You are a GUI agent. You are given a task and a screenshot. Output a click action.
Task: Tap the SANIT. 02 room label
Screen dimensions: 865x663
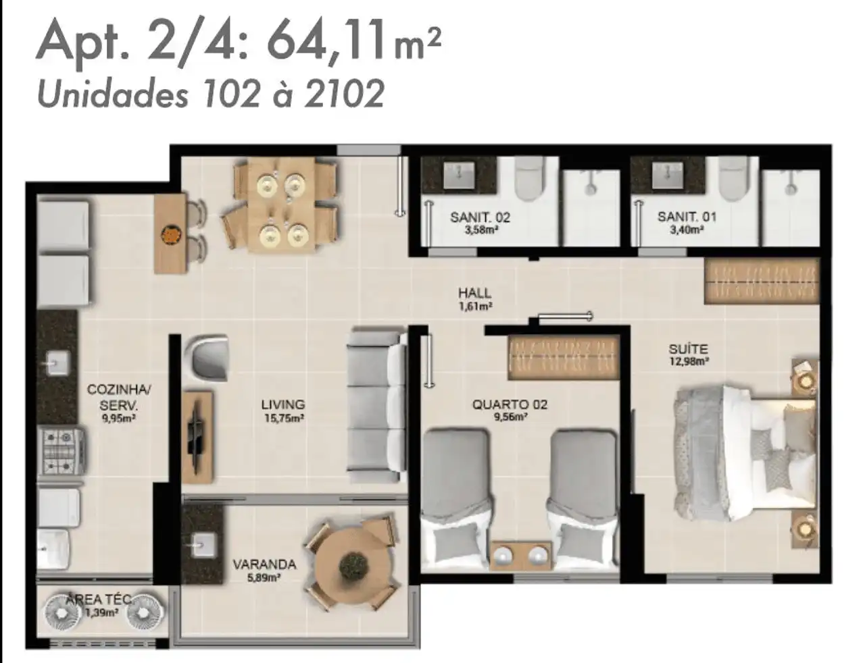480,217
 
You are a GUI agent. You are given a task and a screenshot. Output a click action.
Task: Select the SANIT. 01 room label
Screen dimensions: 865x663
687,217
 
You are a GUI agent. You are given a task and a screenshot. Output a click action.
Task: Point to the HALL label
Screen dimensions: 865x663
475,294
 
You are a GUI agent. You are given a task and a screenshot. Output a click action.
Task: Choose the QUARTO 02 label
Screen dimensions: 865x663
510,404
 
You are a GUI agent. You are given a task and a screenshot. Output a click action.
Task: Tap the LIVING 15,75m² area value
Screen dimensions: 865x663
285,418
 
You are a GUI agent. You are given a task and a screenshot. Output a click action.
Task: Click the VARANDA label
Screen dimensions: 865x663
264,564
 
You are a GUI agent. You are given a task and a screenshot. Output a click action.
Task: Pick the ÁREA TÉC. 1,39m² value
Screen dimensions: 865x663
102,612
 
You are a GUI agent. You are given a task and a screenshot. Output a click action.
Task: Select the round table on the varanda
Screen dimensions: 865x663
351,562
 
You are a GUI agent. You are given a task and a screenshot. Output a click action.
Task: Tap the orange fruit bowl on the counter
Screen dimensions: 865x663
172,234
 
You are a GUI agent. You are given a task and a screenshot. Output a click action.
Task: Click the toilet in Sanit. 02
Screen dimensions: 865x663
529,178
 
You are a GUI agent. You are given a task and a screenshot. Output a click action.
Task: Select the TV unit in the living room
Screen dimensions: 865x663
198,437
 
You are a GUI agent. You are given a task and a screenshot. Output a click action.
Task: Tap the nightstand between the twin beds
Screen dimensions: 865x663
522,555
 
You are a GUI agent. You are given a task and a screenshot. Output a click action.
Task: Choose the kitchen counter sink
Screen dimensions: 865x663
57,363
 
